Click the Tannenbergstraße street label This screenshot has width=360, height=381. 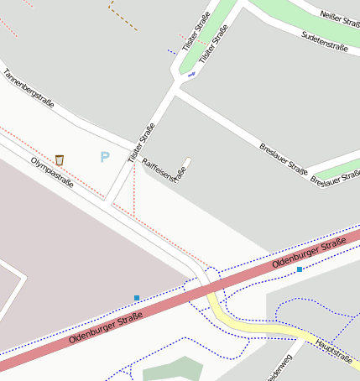[x=29, y=89]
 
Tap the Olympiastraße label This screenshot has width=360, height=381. [x=51, y=172]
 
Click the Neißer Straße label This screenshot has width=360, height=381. [x=341, y=14]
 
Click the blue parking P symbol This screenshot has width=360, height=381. [x=104, y=157]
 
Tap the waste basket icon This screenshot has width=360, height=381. [x=60, y=159]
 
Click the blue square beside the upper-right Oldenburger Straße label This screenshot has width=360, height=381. [x=300, y=269]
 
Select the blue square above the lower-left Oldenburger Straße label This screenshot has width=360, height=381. [x=137, y=298]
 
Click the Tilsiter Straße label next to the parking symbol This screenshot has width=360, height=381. [x=142, y=143]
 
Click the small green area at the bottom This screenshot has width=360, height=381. [x=173, y=370]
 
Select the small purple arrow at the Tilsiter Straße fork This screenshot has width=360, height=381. [x=191, y=75]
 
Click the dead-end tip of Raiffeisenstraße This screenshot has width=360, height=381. [x=188, y=159]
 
